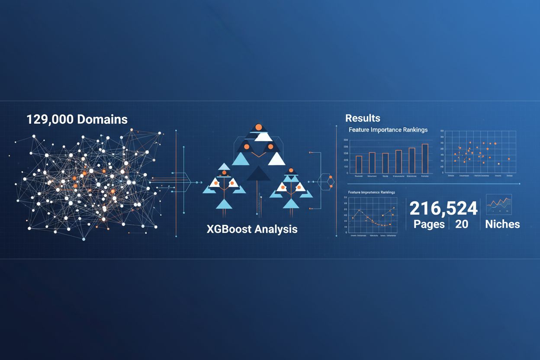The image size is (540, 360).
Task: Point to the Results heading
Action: point(363,118)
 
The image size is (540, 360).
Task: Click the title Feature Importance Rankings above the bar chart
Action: point(388,130)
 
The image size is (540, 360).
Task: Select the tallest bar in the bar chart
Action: point(425,158)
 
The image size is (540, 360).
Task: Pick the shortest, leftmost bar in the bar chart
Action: point(359,164)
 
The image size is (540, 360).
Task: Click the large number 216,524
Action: point(444,209)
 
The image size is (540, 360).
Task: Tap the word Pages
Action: point(429,224)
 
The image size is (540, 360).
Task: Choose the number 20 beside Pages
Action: point(462,224)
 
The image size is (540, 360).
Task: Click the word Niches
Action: point(502,224)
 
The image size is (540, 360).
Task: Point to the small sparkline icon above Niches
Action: point(499,204)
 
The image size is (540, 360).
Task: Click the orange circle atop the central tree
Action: point(259,127)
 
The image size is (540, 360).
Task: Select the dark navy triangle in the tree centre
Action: point(258,173)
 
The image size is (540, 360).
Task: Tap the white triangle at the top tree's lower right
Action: point(276,159)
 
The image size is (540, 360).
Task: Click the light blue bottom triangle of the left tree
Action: point(224,204)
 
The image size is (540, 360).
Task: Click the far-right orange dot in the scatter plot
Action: point(509,159)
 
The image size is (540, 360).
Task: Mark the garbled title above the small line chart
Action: point(371,192)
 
